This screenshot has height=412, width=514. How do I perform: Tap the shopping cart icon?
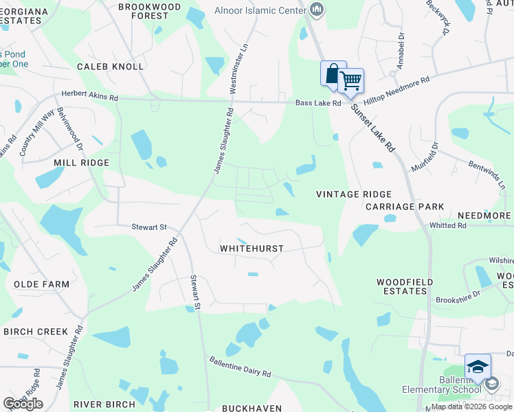[x=350, y=81]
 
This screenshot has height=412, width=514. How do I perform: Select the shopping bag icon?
[x=333, y=73]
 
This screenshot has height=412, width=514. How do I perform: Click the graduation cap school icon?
[x=478, y=366]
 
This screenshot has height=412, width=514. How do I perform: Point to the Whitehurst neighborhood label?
[x=252, y=248]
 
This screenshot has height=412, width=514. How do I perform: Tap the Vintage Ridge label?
[x=354, y=194]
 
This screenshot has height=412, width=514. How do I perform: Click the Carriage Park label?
[x=405, y=206]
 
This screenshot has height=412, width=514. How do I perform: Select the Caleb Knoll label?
[x=111, y=67]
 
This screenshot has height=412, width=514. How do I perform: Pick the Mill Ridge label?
[x=81, y=163]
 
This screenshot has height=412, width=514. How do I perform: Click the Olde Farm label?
[x=42, y=284]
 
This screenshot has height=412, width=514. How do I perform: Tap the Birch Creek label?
[x=36, y=332]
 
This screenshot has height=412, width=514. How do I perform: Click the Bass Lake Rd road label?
[x=318, y=103]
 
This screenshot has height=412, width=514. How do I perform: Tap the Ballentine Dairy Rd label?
[x=241, y=365]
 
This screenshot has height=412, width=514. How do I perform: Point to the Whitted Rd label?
[x=448, y=225]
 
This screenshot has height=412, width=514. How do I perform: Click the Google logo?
[x=23, y=404]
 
